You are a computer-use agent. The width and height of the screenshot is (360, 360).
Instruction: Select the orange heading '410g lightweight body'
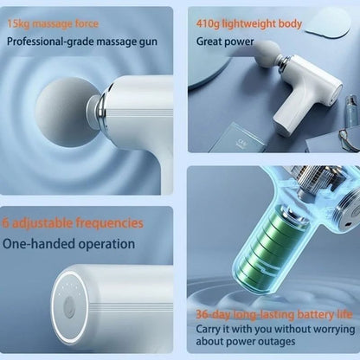coord(249,23)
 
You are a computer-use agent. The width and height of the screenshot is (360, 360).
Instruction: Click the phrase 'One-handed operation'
coord(69,244)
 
